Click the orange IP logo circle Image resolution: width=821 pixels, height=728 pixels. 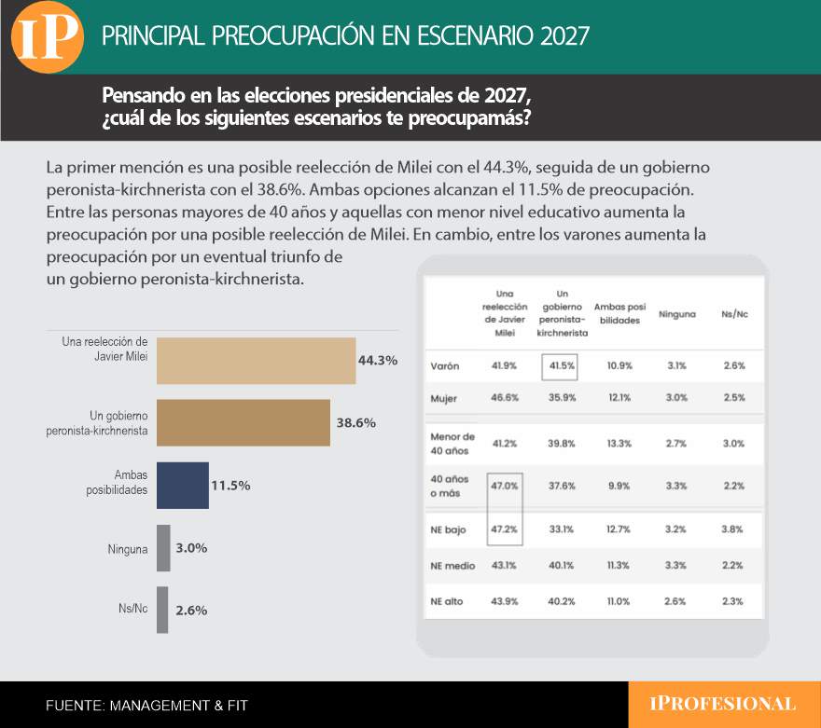(48, 37)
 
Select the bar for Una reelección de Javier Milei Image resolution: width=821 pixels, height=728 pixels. (256, 361)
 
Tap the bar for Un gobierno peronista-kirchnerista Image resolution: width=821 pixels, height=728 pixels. (244, 422)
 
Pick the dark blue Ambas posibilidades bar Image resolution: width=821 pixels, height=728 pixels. (183, 486)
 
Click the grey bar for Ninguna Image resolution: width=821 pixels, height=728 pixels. (163, 548)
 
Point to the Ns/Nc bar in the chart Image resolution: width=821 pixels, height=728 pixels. (162, 610)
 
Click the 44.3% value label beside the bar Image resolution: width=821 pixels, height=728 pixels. (378, 361)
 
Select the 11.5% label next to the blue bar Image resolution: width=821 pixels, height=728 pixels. (230, 486)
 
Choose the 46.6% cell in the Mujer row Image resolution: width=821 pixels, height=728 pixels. (505, 397)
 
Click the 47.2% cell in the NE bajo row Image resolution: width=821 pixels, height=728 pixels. (504, 529)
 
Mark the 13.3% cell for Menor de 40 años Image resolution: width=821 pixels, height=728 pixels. (619, 444)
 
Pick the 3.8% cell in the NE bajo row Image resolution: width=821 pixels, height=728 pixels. (732, 529)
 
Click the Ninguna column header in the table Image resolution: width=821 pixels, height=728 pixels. (677, 314)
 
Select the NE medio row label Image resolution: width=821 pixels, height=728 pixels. (452, 566)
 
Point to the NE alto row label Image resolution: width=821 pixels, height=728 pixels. (447, 601)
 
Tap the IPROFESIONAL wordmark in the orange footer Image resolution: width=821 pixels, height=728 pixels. (722, 704)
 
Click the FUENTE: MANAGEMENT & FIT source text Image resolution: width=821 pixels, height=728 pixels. (146, 706)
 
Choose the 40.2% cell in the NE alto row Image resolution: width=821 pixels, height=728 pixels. (562, 601)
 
